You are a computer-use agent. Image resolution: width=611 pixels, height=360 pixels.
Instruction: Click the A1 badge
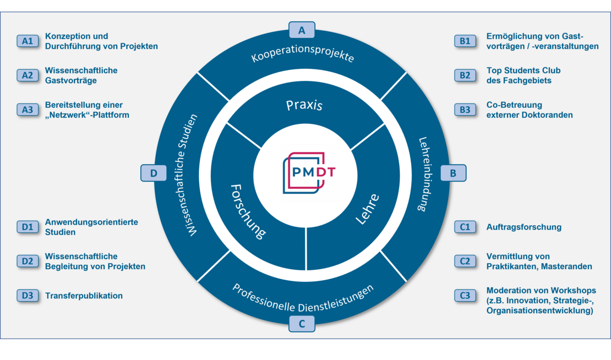point(28,41)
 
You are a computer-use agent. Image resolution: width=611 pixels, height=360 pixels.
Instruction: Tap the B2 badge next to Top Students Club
point(465,75)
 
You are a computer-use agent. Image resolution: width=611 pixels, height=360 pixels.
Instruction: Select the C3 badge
point(465,296)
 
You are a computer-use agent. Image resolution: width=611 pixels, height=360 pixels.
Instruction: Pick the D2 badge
point(28,261)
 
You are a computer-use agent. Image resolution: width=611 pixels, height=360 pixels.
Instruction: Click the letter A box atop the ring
point(302,29)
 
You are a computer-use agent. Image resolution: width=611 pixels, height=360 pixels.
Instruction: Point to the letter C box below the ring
point(302,324)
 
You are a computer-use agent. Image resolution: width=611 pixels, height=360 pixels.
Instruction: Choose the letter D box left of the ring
point(154,173)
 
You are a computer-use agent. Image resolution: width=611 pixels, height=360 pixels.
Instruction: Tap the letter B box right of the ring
point(453,173)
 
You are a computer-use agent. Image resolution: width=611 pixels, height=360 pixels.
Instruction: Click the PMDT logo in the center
point(309,172)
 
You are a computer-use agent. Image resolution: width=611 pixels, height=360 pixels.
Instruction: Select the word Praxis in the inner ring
point(304,105)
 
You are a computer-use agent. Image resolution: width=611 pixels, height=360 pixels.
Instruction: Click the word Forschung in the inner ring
point(247,211)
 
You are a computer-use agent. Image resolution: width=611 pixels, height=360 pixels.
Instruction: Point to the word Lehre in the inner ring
point(367,209)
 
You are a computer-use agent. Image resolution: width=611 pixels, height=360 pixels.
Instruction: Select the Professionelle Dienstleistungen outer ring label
point(303,297)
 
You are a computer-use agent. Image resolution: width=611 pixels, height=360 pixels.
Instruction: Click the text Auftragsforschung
point(523,227)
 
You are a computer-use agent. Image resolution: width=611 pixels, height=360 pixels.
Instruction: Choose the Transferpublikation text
point(84,296)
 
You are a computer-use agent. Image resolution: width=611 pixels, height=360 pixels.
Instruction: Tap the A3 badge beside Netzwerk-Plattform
point(28,110)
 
